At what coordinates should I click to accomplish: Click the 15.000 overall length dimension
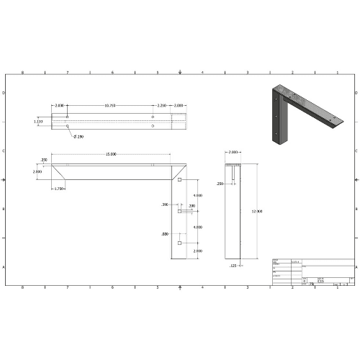point(112,153)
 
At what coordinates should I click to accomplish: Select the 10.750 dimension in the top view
point(110,106)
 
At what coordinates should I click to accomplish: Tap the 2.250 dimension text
point(162,106)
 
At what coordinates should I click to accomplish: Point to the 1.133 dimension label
point(37,122)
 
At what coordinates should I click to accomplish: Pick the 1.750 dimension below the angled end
point(60,189)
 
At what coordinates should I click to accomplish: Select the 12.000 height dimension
point(258,211)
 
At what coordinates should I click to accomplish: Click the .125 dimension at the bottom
point(233,266)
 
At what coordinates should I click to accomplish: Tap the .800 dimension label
point(165,234)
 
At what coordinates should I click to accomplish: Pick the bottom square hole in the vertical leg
point(179,245)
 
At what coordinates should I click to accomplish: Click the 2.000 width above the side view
point(233,153)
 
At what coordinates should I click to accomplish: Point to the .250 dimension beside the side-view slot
point(220,184)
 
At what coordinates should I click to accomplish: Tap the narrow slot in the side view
point(235,173)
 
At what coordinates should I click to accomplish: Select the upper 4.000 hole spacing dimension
point(197,195)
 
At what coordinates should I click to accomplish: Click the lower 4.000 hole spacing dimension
point(197,228)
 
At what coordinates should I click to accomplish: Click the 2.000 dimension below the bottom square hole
point(197,251)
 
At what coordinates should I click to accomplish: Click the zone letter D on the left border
point(4,94)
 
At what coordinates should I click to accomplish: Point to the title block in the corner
point(313,271)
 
